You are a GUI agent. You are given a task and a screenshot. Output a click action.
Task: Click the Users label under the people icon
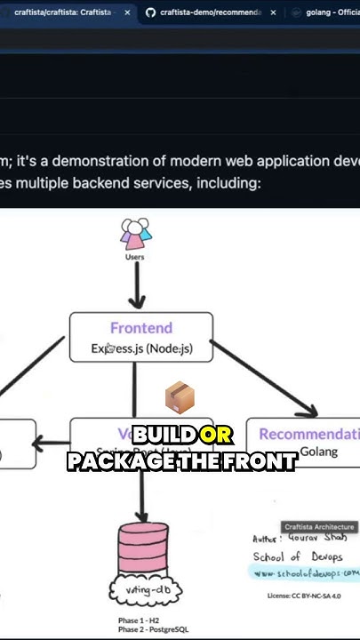134,257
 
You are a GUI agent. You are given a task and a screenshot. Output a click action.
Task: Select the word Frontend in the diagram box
141,328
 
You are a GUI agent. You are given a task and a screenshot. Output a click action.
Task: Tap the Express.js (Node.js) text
141,348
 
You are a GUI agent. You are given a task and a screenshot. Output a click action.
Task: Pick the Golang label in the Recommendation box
317,452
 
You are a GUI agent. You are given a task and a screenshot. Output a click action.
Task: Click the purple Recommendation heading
308,434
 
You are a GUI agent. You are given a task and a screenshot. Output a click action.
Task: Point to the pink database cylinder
143,552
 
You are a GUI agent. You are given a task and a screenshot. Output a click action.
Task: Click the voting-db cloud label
143,589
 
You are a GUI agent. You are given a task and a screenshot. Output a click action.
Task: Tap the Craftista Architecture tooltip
319,527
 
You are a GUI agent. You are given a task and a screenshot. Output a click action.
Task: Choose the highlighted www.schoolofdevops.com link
304,573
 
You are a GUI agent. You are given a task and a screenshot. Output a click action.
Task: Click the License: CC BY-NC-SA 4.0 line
303,596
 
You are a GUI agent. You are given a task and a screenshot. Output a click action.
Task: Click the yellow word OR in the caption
216,436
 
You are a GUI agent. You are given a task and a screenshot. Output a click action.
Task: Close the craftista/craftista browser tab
126,13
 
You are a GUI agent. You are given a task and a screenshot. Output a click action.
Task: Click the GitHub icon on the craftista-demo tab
150,13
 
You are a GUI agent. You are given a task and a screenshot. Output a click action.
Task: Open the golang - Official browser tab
329,13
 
